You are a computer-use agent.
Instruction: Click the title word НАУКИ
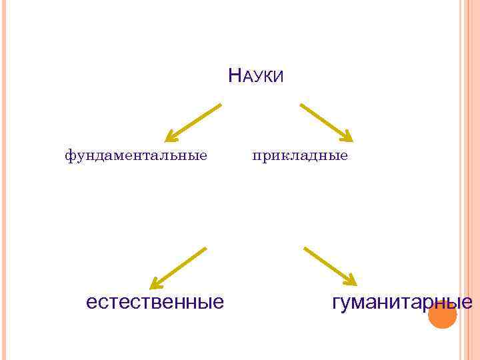(255, 76)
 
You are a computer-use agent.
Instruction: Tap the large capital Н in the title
(233, 75)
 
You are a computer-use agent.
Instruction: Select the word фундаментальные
(136, 156)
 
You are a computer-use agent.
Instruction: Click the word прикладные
(300, 156)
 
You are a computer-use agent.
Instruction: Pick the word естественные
(155, 302)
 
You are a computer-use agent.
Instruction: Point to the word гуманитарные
(402, 302)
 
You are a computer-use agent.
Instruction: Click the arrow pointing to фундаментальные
(193, 122)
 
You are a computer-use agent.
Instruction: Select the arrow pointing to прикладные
(326, 122)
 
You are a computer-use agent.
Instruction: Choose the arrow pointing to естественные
(178, 268)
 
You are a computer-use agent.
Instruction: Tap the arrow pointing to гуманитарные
(330, 266)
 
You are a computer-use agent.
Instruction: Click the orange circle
(442, 315)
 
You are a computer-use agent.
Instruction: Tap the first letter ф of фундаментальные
(69, 157)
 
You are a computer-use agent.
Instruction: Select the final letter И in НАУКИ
(279, 77)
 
